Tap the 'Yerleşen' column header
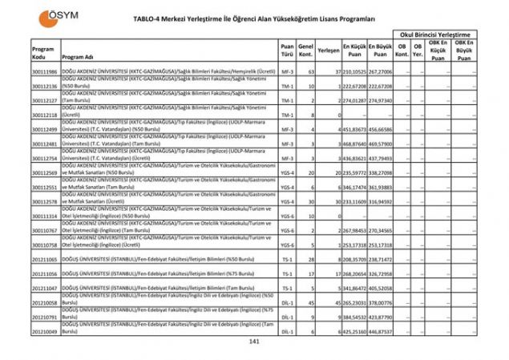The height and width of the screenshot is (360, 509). coord(326,50)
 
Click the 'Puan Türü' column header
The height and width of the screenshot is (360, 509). coord(287,50)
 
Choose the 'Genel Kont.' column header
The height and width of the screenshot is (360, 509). coord(305,50)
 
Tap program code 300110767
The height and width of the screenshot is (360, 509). coord(45,231)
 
